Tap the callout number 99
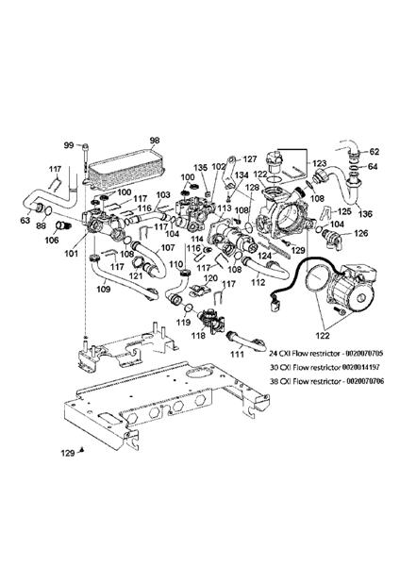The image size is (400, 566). click(68, 144)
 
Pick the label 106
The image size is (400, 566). click(53, 239)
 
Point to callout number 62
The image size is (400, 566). click(374, 152)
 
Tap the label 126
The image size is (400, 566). click(359, 233)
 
